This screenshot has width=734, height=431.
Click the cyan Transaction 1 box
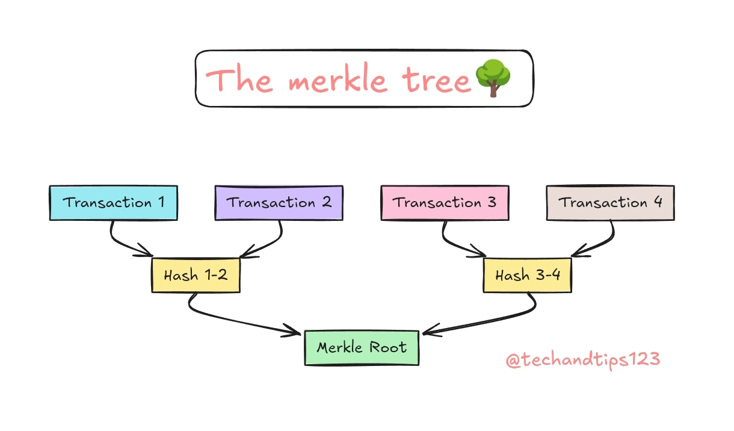coord(113,203)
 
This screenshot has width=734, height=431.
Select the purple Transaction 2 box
coord(279,203)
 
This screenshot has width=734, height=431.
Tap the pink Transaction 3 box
coord(445,203)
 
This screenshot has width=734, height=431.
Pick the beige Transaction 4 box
coord(610,203)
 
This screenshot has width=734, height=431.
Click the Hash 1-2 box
coord(196,276)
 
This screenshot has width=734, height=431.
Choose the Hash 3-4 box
coord(528,276)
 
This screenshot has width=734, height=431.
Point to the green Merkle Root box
coord(362,347)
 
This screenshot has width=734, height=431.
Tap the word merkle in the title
coord(337,80)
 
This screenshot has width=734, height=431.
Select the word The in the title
coord(240,80)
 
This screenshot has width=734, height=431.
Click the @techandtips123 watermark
coord(582,360)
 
